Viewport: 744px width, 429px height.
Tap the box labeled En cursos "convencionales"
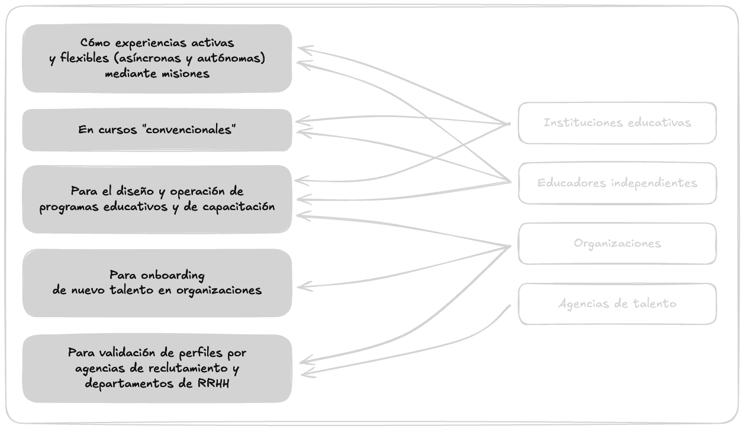pos(157,130)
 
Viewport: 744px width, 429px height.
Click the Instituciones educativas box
pos(617,123)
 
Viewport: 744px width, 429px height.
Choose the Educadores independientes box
pos(617,183)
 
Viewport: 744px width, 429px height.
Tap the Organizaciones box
pos(617,244)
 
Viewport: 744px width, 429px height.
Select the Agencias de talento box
pos(617,304)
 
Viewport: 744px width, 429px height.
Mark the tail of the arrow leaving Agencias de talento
pos(510,305)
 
